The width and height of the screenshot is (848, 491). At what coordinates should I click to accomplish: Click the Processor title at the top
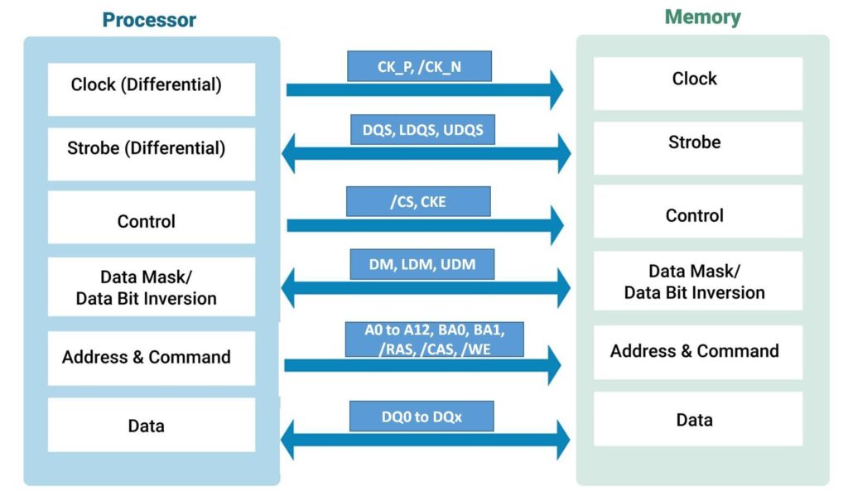pyautogui.click(x=149, y=20)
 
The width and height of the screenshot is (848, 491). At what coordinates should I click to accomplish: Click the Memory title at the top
pyautogui.click(x=702, y=17)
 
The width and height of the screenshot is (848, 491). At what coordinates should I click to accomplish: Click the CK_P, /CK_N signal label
pyautogui.click(x=419, y=66)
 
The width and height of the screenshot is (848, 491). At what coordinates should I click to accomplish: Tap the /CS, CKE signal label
pyautogui.click(x=418, y=201)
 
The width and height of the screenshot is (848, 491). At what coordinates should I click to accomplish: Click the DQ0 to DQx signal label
pyautogui.click(x=422, y=416)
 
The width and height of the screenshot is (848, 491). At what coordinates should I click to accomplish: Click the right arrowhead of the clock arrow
pyautogui.click(x=553, y=89)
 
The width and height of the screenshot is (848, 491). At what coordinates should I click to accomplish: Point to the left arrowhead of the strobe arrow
pyautogui.click(x=291, y=154)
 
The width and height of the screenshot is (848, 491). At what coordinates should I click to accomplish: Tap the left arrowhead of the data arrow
pyautogui.click(x=291, y=440)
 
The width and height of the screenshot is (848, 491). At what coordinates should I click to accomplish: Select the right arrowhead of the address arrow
pyautogui.click(x=552, y=365)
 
